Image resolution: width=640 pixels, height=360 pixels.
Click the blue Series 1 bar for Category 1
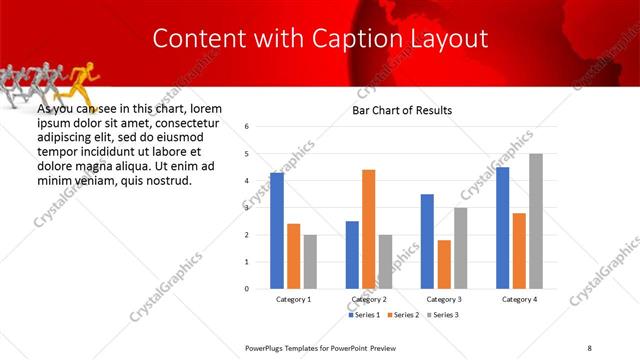pyautogui.click(x=277, y=230)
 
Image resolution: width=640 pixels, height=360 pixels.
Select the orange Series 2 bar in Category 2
pyautogui.click(x=368, y=229)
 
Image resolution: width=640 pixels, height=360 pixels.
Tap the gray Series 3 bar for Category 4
pyautogui.click(x=536, y=221)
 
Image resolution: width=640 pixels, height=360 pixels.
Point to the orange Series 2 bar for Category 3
pyautogui.click(x=444, y=264)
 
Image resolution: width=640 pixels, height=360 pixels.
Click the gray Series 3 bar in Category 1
pyautogui.click(x=310, y=261)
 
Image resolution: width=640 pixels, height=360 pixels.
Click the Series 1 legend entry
pyautogui.click(x=365, y=315)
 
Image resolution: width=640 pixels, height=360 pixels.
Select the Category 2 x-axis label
pyautogui.click(x=368, y=299)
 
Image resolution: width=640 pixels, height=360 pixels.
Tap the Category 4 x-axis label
pyautogui.click(x=519, y=299)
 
